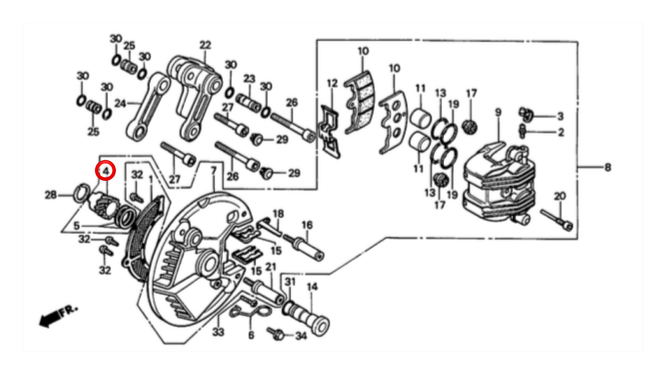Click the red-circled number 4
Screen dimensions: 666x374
point(105,171)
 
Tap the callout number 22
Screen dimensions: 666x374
point(205,45)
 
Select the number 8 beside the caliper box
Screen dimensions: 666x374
point(608,168)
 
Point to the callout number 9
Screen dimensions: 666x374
point(498,113)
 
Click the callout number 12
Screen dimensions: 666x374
point(332,83)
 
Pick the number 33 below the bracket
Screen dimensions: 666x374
point(218,332)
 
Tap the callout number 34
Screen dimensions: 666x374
point(301,336)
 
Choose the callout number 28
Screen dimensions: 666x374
point(50,195)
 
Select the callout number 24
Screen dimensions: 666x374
point(120,103)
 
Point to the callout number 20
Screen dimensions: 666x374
point(560,196)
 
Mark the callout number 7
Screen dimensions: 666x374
point(214,171)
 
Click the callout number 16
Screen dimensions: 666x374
point(307,225)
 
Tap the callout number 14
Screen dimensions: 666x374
point(312,287)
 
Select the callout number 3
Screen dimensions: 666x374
point(560,116)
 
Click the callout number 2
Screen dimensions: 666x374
point(561,133)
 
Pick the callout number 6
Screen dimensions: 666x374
point(251,335)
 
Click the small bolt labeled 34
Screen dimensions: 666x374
point(276,334)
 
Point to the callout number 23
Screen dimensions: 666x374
point(249,79)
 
